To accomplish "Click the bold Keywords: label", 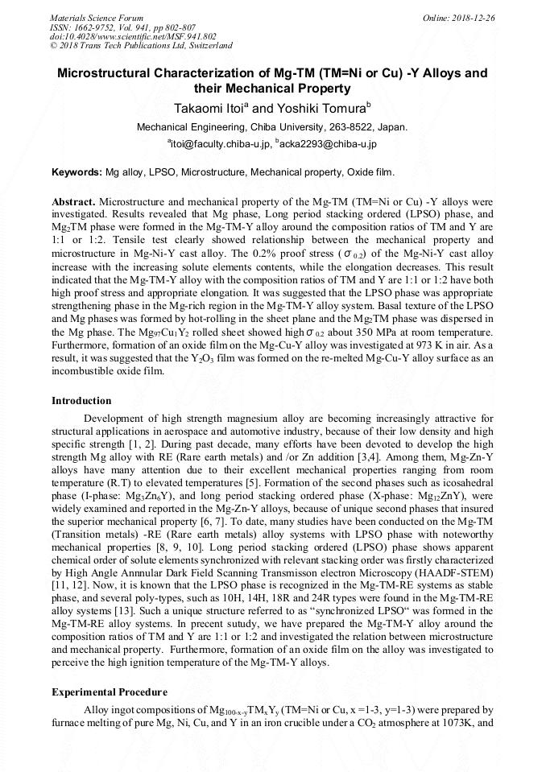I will pyautogui.click(x=77, y=172).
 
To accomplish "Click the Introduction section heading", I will pyautogui.click(x=81, y=401).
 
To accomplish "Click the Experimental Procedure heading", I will pyautogui.click(x=110, y=691).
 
